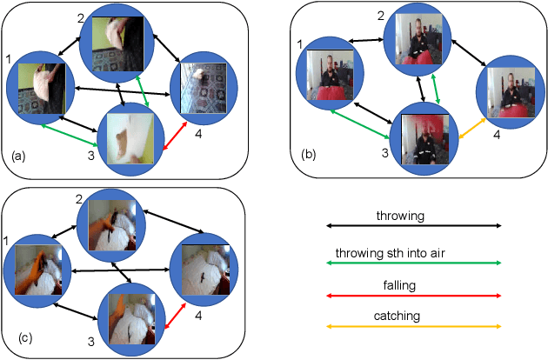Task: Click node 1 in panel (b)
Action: click(x=331, y=76)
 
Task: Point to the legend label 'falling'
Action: click(x=413, y=284)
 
